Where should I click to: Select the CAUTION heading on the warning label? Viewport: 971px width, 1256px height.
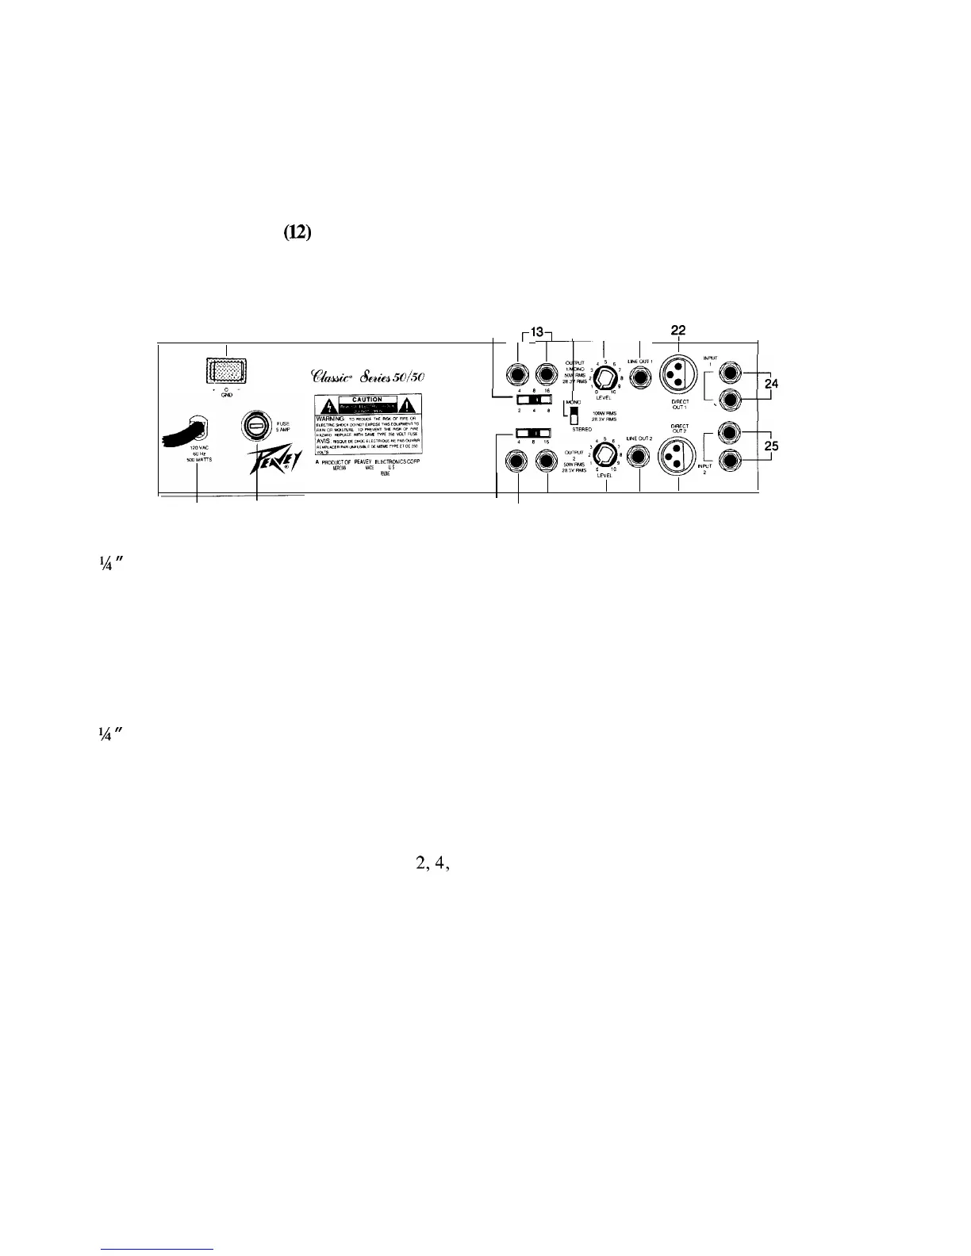tap(367, 400)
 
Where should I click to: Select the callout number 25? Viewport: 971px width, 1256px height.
tap(768, 446)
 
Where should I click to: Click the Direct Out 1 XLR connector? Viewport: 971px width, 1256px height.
tap(678, 376)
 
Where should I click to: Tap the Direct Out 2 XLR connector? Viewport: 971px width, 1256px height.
tap(678, 461)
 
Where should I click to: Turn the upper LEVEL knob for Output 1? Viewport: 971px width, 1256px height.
tap(605, 377)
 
